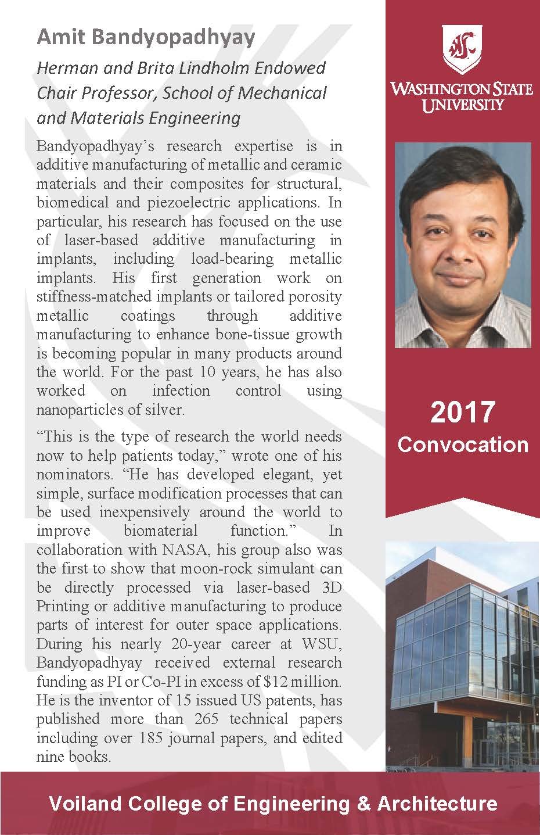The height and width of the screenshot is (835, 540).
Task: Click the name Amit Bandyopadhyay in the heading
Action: coord(146,38)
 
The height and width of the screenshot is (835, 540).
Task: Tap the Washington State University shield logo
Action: coord(462,49)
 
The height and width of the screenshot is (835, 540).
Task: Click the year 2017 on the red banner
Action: coord(462,412)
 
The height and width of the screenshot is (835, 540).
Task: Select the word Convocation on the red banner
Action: coord(462,445)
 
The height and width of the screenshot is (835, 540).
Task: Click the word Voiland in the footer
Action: coord(81,804)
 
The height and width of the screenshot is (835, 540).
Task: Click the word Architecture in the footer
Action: coord(437,804)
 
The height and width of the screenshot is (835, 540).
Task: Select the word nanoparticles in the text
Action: coord(83,410)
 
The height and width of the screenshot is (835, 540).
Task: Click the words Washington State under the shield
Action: coord(462,89)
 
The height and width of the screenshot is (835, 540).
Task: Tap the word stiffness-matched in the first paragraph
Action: coord(93,296)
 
